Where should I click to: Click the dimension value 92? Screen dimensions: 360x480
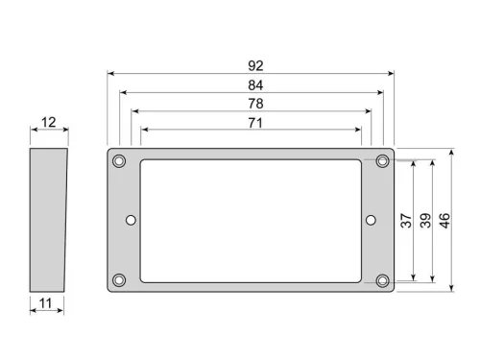(x=254, y=66)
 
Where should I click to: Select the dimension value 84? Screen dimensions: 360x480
(x=254, y=84)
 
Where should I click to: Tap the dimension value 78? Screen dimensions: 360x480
(x=254, y=103)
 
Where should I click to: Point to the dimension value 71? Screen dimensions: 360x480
(x=254, y=122)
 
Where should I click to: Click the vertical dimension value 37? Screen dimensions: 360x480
(x=406, y=220)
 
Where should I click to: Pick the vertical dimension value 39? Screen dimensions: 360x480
(x=425, y=220)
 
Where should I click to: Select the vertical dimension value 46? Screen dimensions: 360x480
(x=444, y=220)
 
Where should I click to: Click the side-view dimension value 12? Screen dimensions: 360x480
(x=48, y=123)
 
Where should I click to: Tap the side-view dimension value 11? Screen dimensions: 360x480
(x=46, y=303)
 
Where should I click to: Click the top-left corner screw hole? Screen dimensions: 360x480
(x=119, y=159)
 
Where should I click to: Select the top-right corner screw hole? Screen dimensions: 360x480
(x=382, y=159)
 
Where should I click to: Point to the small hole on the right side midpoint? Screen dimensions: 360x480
(x=371, y=220)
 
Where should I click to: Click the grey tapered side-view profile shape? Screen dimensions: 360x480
(x=47, y=220)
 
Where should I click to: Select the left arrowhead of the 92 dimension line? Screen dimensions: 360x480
(x=110, y=73)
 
